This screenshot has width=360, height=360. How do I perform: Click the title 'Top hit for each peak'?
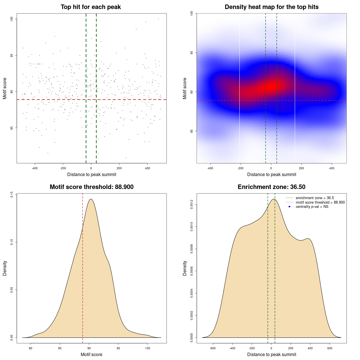coord(91,7)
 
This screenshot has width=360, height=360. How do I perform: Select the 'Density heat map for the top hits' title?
coord(271,7)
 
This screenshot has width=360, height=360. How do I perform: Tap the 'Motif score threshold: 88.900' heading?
coord(91,187)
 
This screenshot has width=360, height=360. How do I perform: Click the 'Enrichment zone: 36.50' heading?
coord(271,187)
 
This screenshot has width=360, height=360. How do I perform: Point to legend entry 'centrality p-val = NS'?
coord(312,207)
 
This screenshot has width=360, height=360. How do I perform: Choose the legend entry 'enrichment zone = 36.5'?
coord(315,198)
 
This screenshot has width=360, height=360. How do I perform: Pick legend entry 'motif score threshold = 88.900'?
coord(320,202)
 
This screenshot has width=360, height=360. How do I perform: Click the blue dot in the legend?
coord(289,207)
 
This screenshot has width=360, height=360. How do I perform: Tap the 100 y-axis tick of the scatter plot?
coord(12,19)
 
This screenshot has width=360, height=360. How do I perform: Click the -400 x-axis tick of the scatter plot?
coord(35,168)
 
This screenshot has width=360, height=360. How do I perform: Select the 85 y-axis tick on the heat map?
coord(192,131)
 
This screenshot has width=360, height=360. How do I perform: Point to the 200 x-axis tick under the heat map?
coord(301,168)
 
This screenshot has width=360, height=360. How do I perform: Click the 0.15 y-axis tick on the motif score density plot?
coord(12,194)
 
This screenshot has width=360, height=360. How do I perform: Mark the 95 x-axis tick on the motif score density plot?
coord(118,348)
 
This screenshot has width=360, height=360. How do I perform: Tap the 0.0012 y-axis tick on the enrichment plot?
coord(192,204)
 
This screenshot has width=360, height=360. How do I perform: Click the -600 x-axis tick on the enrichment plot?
coord(213,348)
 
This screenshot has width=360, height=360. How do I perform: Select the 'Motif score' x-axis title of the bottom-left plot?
coord(91,354)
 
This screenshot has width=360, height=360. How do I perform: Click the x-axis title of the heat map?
coord(271,174)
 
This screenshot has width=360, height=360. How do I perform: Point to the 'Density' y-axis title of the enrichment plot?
coord(185,268)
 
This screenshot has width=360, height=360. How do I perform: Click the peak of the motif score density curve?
coord(91,199)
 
